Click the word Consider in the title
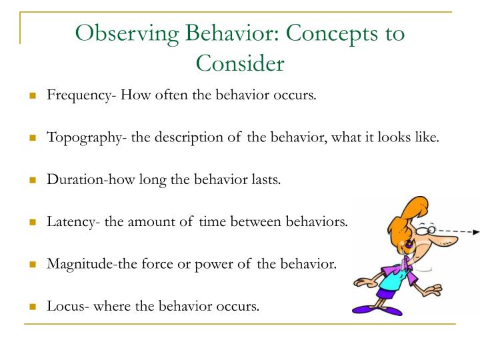[239, 63]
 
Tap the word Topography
[78, 138]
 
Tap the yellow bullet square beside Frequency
[32, 96]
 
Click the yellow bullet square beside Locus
[32, 307]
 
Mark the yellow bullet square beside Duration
[32, 181]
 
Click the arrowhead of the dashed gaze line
[474, 232]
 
